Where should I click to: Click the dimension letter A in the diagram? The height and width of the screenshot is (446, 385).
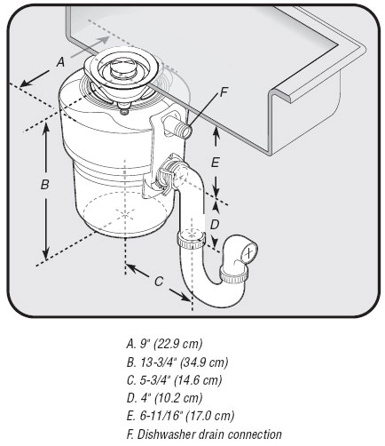point(59,62)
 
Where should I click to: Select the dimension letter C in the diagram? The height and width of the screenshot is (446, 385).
point(158,282)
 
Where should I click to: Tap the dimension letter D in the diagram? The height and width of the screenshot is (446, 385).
point(214,224)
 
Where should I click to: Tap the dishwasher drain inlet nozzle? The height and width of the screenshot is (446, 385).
point(185,131)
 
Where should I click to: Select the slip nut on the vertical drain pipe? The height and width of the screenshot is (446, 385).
point(188,239)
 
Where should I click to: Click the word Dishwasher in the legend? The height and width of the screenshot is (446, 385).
point(169,434)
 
